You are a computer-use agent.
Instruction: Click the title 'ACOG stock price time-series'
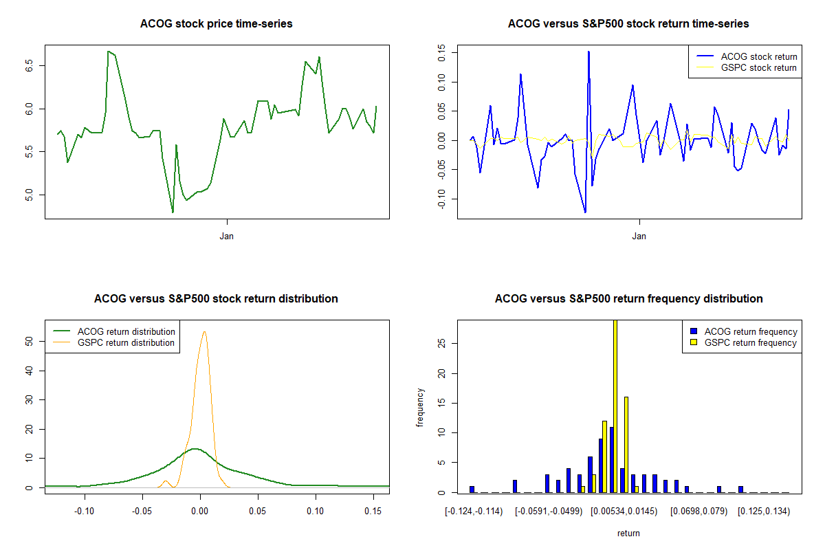click(x=217, y=24)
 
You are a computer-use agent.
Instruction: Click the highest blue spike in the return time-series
click(x=588, y=52)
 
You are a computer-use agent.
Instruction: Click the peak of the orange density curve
click(x=204, y=332)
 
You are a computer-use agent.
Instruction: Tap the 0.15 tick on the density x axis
click(x=373, y=511)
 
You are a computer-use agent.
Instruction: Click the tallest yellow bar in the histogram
click(x=615, y=406)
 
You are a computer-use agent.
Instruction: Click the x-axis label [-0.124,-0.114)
click(x=474, y=511)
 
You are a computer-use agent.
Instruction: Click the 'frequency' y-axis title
click(x=420, y=406)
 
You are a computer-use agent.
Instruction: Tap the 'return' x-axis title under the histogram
click(x=628, y=533)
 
